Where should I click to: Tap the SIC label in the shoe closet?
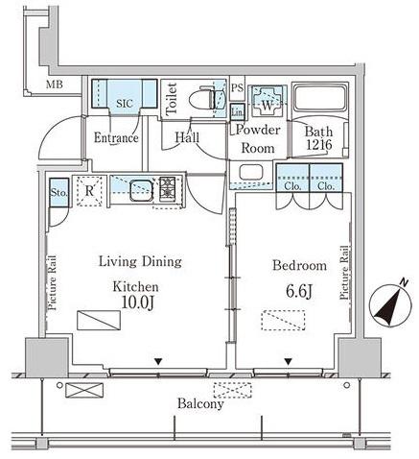[x=125, y=103]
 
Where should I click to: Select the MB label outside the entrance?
[x=55, y=85]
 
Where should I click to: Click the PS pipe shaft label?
[x=237, y=87]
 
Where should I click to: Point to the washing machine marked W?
[x=268, y=101]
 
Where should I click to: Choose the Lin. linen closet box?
[x=238, y=111]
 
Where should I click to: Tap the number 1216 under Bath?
[x=319, y=145]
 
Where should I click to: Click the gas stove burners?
[x=168, y=189]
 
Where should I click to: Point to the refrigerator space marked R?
[x=89, y=191]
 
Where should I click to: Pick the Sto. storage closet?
[x=59, y=193]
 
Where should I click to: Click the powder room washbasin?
[x=251, y=173]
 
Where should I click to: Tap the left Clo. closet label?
[x=292, y=186]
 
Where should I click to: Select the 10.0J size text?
[x=138, y=302]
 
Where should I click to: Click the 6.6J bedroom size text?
[x=299, y=291]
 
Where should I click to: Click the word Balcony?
[x=200, y=403]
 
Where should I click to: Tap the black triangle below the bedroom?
[x=289, y=362]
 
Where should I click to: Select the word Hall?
[x=187, y=137]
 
